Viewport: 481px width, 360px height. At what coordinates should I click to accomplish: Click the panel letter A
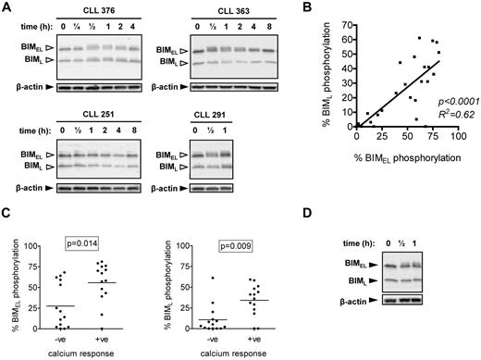point(6,7)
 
